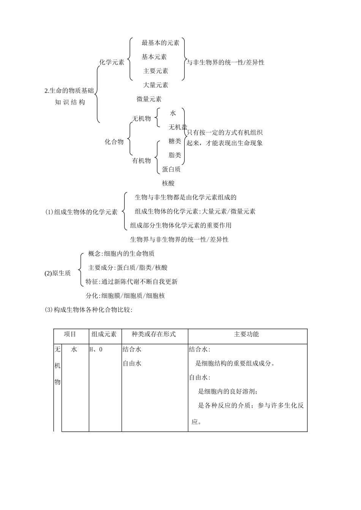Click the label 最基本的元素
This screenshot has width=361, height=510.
(x=160, y=43)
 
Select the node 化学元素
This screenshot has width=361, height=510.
(x=112, y=62)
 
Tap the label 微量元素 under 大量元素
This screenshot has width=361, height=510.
(x=149, y=99)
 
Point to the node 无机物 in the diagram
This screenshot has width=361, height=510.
(x=141, y=119)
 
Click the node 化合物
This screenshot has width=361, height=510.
(x=114, y=142)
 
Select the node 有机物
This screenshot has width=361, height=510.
(x=141, y=161)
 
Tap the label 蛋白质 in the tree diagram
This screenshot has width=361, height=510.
(x=171, y=169)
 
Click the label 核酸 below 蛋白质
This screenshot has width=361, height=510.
(x=168, y=183)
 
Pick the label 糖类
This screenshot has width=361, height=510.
(x=175, y=141)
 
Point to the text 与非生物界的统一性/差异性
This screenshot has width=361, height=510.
(x=225, y=62)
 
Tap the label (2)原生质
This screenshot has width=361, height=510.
(x=57, y=273)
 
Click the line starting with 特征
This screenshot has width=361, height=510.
(x=131, y=282)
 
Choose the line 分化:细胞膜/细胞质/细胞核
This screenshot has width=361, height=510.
(x=125, y=296)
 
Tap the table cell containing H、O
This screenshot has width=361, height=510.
(x=96, y=349)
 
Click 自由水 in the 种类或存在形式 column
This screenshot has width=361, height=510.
(x=132, y=364)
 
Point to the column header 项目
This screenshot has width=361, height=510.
(x=70, y=334)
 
